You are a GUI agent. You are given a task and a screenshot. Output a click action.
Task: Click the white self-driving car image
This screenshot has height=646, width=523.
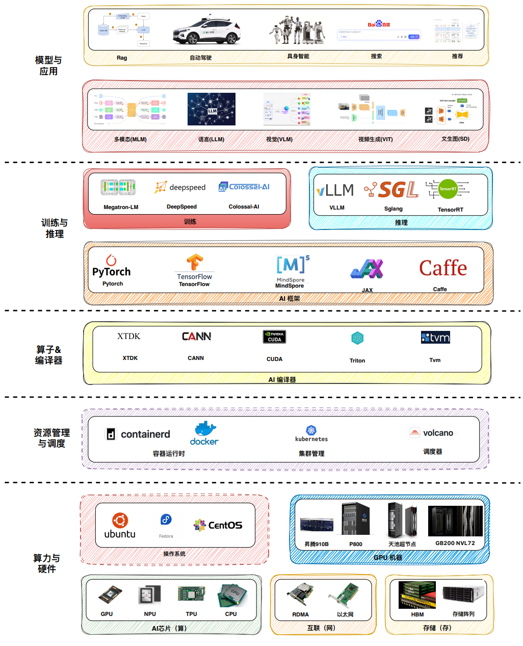coord(206,32)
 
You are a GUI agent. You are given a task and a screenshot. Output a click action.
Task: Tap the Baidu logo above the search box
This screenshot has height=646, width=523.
coord(379,24)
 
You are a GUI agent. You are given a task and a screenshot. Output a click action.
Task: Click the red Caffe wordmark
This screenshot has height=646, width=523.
coord(443,268)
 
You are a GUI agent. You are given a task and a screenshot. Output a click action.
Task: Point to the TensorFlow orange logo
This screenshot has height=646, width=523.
coord(194,263)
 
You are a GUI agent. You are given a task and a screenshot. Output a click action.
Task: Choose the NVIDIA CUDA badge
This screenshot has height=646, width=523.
coord(274,337)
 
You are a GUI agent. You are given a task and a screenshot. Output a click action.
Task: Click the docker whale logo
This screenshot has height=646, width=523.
coord(205,433)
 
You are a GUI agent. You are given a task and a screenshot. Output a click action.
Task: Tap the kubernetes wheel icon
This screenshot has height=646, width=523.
coord(311,430)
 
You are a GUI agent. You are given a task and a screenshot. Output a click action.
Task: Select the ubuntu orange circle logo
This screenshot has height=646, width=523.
coord(120,521)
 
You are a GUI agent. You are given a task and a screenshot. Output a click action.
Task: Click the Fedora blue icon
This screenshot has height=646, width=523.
coord(166,520)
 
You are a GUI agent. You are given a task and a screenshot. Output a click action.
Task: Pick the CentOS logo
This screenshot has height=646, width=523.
coord(218,525)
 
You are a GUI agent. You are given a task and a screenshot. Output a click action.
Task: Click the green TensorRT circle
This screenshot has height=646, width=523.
coord(448,189)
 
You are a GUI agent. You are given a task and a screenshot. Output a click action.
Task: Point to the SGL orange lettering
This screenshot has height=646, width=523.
coord(399,190)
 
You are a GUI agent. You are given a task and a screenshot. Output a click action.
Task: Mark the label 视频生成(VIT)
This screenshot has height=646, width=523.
coord(375,139)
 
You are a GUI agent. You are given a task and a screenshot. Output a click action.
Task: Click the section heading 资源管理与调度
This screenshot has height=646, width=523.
coord(51,438)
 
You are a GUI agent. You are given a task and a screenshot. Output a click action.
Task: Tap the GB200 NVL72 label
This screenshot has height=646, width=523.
coord(455,543)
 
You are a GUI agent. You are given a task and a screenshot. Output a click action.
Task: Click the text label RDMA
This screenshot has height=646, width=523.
coord(300,614)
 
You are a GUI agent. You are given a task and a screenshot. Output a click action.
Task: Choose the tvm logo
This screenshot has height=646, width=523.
coord(435,338)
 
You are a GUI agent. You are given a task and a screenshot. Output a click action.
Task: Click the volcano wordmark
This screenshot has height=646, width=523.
coord(438,433)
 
